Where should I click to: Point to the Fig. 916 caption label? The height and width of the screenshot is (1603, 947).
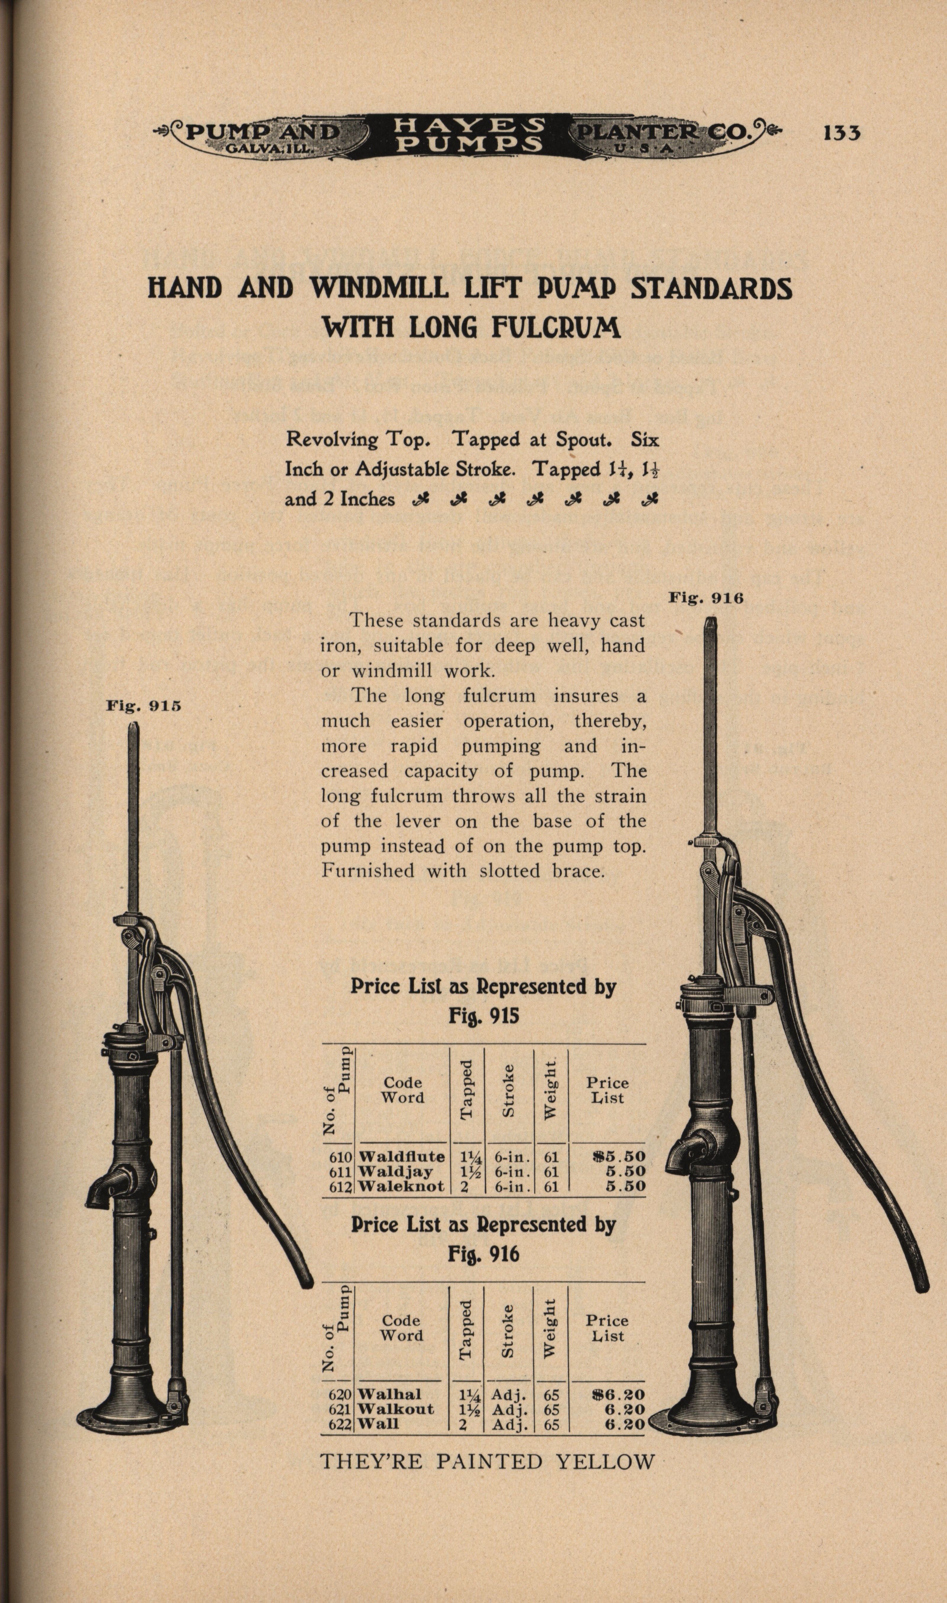(x=706, y=598)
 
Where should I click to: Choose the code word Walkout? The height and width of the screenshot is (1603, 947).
(x=396, y=1409)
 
